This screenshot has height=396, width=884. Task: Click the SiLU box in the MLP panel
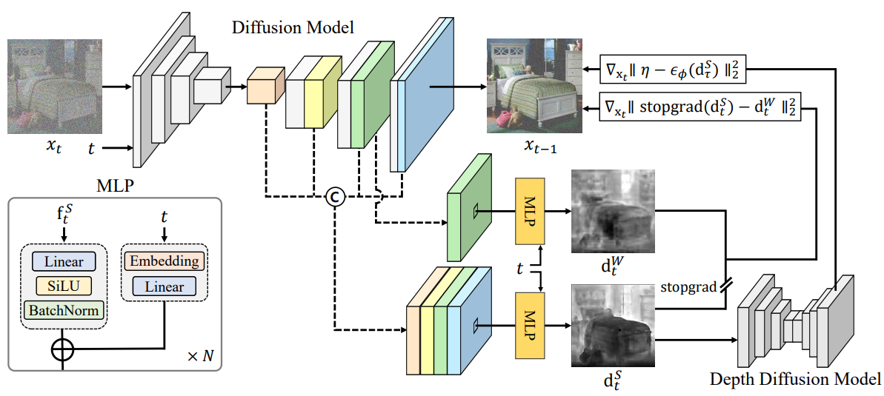64,286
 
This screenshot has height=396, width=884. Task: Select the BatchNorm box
64,309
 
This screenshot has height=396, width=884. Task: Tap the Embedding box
164,262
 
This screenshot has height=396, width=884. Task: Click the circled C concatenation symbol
334,197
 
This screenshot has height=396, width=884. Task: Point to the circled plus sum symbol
62,350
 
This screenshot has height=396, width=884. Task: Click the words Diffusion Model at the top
293,27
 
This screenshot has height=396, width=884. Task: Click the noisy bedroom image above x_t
55,86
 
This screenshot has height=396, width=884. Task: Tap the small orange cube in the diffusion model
265,86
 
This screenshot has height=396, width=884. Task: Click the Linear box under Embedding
164,286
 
